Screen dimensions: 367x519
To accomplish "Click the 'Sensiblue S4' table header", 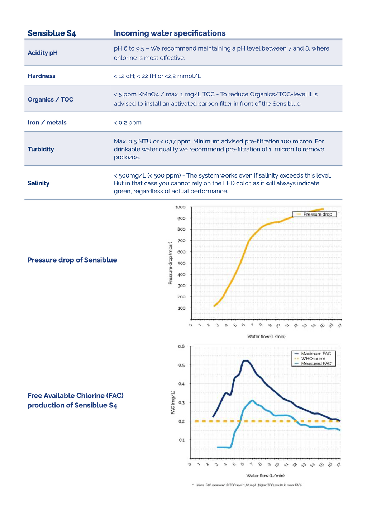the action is [x=52, y=33].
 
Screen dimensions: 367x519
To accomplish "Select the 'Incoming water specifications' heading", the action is [x=170, y=33].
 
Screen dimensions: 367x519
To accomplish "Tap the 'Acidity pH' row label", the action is [x=43, y=53].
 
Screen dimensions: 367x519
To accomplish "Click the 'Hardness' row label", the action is [x=42, y=76].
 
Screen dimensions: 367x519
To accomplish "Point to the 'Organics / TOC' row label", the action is [x=51, y=99].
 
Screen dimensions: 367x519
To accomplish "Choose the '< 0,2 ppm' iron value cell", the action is [x=128, y=123].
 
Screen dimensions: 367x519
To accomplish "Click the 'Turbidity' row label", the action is [x=41, y=149].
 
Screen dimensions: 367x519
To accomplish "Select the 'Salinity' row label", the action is [x=38, y=183].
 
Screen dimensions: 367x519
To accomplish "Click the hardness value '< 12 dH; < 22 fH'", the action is [x=135, y=76].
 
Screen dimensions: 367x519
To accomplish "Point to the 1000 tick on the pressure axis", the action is [x=180, y=207].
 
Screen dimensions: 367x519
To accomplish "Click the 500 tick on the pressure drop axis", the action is [x=181, y=263].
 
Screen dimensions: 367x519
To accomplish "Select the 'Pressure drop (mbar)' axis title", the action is [x=170, y=263].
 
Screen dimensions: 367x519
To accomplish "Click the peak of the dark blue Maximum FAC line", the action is [x=246, y=360].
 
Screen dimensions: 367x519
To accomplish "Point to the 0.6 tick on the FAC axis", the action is [x=181, y=346].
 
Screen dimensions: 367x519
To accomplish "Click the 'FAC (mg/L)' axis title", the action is [x=173, y=402].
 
